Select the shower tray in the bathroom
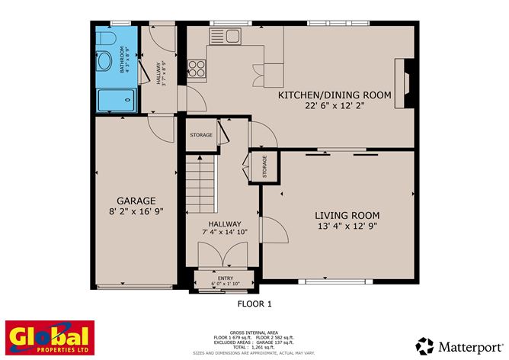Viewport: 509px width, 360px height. click(117, 98)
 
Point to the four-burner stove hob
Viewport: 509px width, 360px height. click(197, 69)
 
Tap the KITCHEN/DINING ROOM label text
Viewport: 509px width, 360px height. click(335, 95)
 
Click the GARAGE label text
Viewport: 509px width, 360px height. click(136, 201)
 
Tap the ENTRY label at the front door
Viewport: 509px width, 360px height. click(225, 278)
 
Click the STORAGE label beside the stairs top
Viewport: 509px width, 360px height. click(201, 135)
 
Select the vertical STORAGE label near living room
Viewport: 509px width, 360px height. click(265, 166)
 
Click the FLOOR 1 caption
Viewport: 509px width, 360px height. click(254, 304)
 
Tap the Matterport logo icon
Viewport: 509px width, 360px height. click(424, 346)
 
